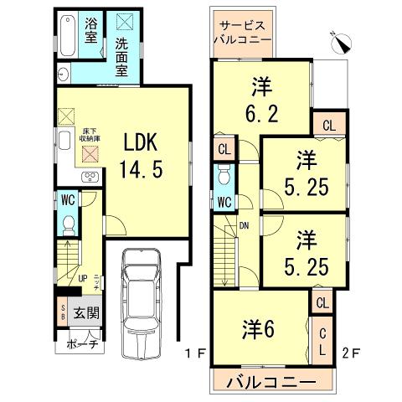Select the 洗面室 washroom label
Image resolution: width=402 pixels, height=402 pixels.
coord(123,55)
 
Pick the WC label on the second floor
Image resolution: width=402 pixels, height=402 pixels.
coord(224,202)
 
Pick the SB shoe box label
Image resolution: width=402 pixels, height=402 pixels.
coord(63,314)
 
